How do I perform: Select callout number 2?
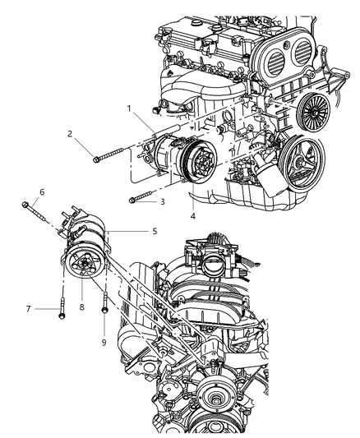pos(71,133)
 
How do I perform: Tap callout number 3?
pos(163,201)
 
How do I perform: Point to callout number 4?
pos(192,216)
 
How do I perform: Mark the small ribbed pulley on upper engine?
pos(312,107)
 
